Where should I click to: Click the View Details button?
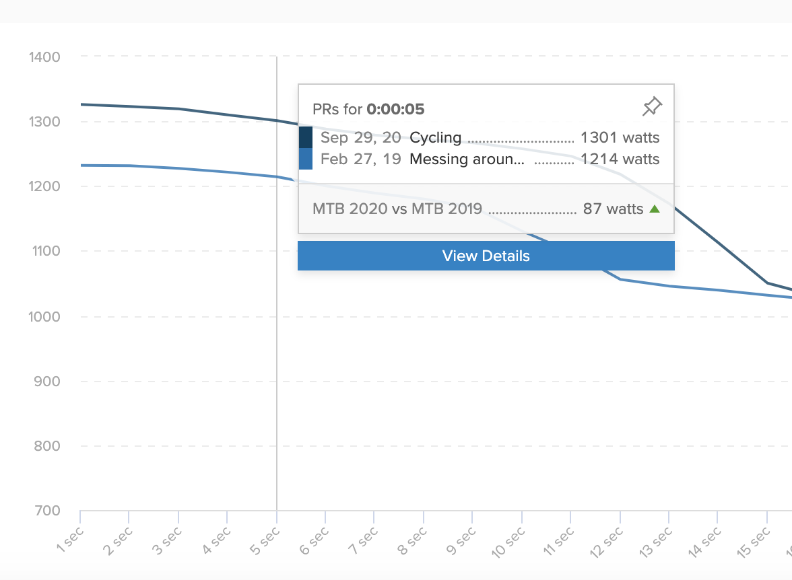(x=486, y=256)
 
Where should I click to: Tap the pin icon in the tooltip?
(x=652, y=106)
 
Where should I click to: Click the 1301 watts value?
(x=620, y=139)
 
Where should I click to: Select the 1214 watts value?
(x=620, y=159)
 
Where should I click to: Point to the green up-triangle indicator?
(x=654, y=209)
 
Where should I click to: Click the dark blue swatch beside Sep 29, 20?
(x=306, y=137)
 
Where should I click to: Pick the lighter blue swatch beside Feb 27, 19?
(x=306, y=159)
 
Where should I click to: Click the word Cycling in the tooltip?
(x=436, y=139)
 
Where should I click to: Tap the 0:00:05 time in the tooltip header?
(x=395, y=109)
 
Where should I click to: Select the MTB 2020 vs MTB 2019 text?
(x=397, y=209)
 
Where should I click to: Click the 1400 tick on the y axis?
(x=44, y=57)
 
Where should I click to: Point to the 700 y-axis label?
(x=48, y=511)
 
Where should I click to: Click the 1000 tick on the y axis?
(x=44, y=317)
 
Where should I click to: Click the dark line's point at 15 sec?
(x=767, y=283)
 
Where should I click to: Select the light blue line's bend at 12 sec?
(x=620, y=279)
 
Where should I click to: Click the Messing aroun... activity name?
(x=466, y=159)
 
